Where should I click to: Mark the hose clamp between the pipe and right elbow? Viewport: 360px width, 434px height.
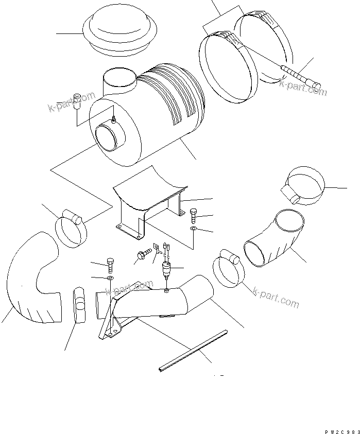click(228, 268)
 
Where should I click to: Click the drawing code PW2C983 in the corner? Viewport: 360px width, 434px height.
click(339, 429)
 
